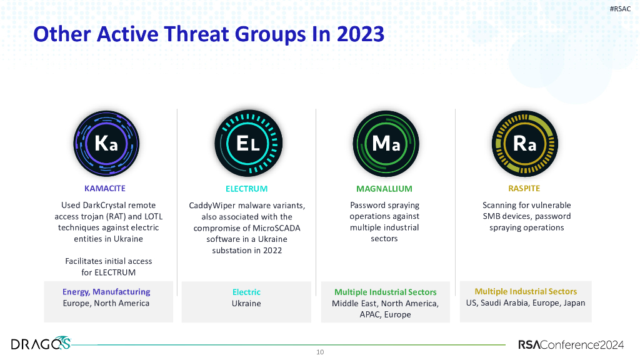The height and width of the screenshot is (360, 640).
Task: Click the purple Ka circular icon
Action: click(106, 144)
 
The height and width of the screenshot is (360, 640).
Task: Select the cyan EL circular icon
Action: click(246, 144)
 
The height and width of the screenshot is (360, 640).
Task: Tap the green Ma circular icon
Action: click(385, 144)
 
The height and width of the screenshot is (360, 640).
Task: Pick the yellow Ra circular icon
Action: click(524, 144)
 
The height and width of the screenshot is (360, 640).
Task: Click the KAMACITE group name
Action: click(105, 188)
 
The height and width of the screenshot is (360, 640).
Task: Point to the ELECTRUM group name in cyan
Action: click(246, 189)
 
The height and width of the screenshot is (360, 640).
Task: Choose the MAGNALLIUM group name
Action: click(384, 189)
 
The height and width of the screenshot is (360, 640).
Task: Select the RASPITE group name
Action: click(524, 188)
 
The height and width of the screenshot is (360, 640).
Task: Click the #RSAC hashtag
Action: click(620, 8)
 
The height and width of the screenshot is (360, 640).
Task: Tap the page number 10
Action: click(320, 352)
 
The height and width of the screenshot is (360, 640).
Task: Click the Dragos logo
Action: click(41, 343)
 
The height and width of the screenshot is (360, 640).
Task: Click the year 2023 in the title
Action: click(360, 34)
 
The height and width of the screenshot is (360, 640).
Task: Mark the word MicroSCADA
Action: click(276, 228)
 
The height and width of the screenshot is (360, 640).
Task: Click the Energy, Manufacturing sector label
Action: click(106, 292)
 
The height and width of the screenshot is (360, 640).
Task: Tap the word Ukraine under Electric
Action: click(246, 304)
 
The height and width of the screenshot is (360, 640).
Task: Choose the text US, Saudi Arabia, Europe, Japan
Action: click(526, 303)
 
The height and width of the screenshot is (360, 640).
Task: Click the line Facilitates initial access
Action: click(109, 261)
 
